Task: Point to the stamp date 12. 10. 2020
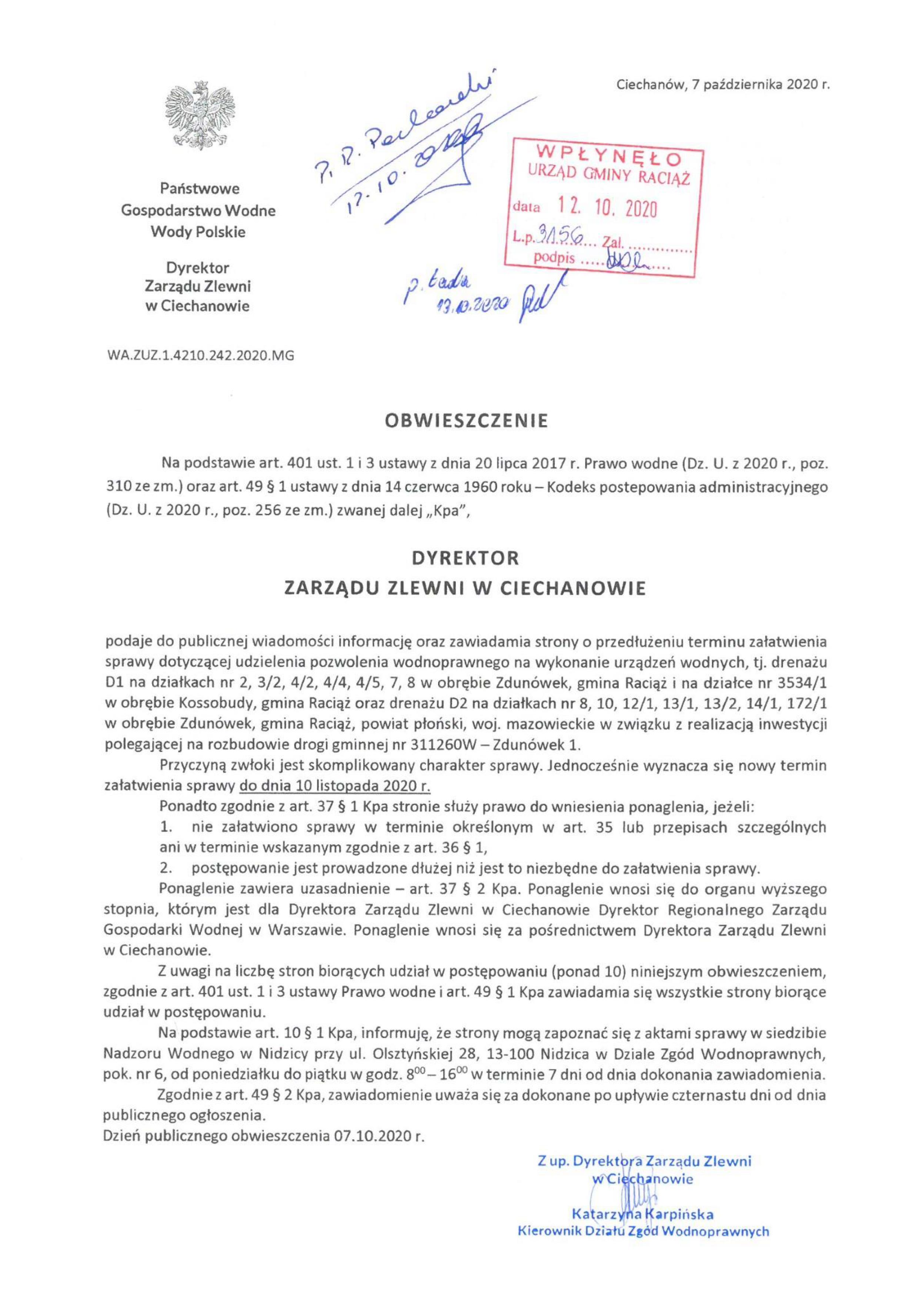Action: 608,210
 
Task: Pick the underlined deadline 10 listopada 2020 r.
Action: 335,786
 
